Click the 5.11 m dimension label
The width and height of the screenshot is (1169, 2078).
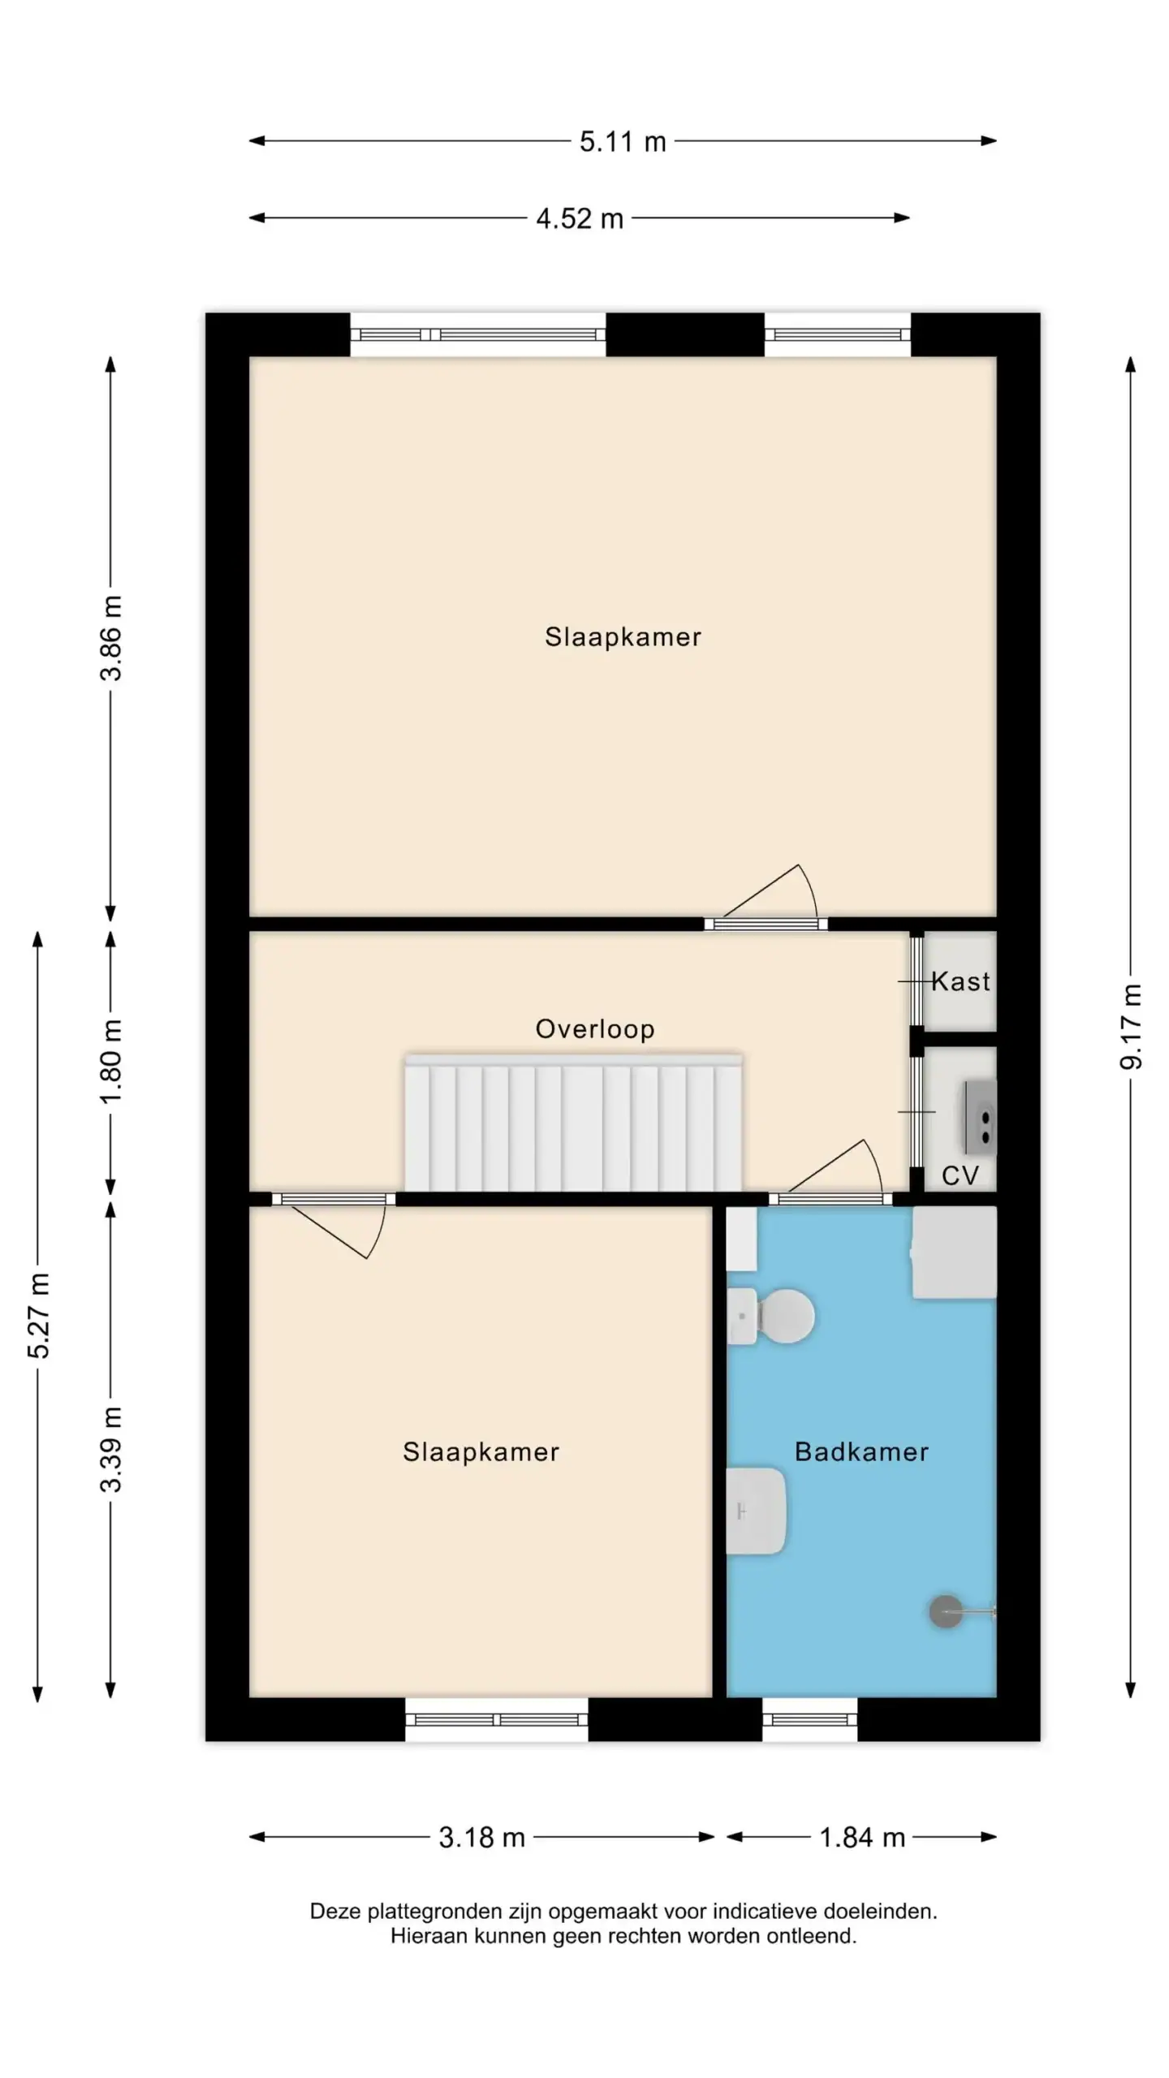[623, 142]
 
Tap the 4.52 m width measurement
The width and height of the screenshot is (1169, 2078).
[580, 218]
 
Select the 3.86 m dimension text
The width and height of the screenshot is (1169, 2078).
[111, 637]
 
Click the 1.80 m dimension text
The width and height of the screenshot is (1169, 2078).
[111, 1061]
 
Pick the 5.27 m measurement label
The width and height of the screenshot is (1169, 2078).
[38, 1315]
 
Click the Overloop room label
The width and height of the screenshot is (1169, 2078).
[595, 1029]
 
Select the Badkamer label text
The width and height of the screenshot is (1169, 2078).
[861, 1451]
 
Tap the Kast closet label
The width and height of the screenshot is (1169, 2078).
[961, 981]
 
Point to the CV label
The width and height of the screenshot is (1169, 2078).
[960, 1175]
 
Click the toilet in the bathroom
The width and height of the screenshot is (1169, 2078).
[770, 1316]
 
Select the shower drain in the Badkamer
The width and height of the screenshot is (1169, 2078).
[946, 1612]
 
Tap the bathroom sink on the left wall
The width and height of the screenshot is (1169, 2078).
[756, 1511]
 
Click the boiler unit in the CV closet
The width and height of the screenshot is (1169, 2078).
[980, 1117]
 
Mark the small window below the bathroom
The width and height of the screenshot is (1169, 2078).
[810, 1719]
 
